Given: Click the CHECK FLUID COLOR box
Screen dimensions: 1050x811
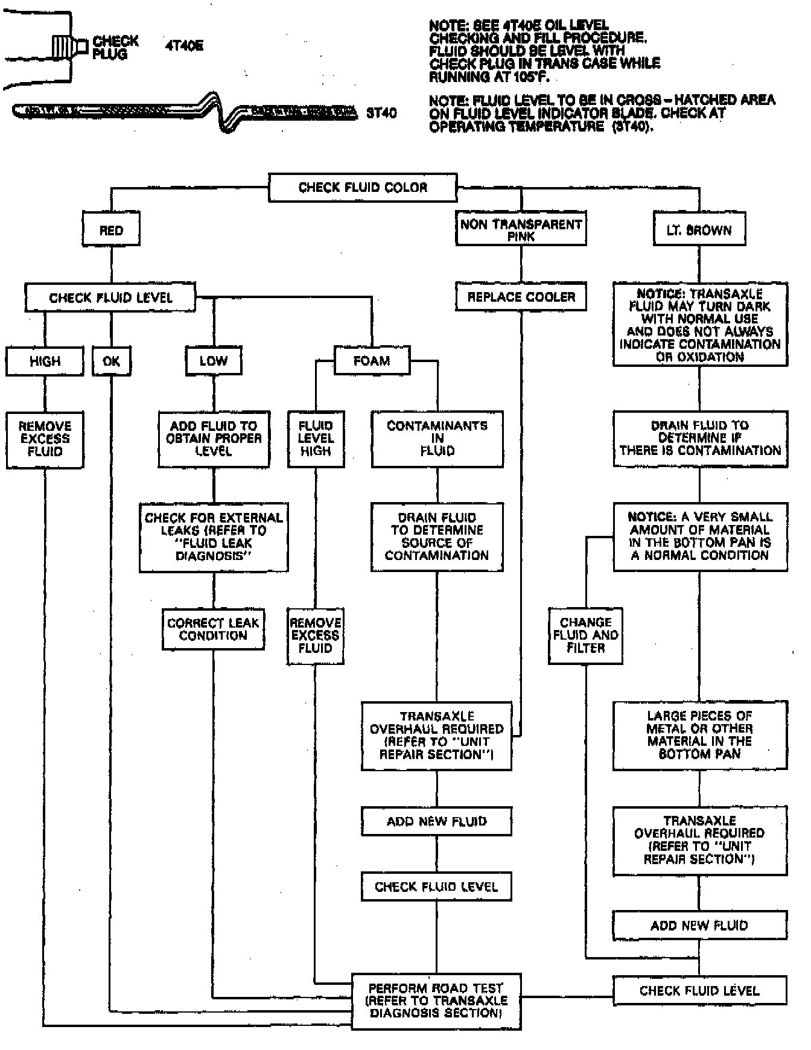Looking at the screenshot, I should pos(363,188).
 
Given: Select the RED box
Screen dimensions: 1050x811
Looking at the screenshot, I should pos(111,230).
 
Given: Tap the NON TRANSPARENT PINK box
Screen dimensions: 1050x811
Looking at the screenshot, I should pos(521,229).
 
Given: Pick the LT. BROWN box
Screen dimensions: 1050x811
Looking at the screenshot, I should pos(699,230).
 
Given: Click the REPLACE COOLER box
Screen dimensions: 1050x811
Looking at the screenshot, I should pos(521,297).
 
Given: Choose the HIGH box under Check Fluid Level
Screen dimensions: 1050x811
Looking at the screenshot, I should pos(45,361).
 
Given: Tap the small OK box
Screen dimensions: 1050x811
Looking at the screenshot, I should pos(112,361).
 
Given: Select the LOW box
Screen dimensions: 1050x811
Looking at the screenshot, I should pos(214,361).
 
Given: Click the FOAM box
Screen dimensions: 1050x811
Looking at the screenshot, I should pos(372,361).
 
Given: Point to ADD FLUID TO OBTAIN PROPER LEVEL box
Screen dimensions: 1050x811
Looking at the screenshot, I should pos(214,439).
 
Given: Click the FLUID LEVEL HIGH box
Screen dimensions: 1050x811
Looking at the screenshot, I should pos(316,439).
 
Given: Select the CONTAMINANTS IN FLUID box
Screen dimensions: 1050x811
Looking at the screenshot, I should pos(437,439).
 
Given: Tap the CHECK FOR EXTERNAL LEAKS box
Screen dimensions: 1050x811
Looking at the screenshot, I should pos(214,536).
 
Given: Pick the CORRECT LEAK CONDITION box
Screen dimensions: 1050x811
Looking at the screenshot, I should pos(213,629).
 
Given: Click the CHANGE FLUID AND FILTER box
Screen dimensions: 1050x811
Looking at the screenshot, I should pos(585,635).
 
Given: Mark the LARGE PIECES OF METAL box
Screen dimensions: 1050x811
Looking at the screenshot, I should pos(699,735).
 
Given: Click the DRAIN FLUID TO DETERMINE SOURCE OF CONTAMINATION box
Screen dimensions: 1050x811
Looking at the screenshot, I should pos(437,536).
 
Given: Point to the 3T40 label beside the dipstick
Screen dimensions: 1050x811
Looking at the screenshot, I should pos(381,113).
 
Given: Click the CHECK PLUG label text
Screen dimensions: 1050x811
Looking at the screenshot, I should pos(115,48).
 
